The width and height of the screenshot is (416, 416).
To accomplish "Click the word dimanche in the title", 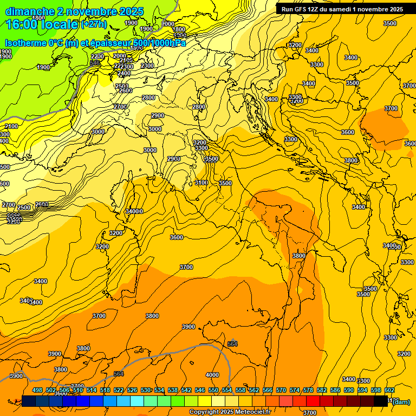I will pyautogui.click(x=29, y=11).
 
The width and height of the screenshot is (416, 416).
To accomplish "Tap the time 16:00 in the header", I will pyautogui.click(x=22, y=24).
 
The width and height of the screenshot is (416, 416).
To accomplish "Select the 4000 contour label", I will pyautogui.click(x=212, y=375).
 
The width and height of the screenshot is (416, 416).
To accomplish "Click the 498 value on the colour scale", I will pyautogui.click(x=37, y=390).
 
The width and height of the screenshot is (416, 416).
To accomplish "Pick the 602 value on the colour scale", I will pyautogui.click(x=389, y=390).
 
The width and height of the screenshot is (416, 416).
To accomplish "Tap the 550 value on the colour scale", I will pyautogui.click(x=213, y=390).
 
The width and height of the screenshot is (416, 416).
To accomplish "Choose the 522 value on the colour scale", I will pyautogui.click(x=119, y=390).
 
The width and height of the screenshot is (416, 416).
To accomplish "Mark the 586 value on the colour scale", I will pyautogui.click(x=335, y=390).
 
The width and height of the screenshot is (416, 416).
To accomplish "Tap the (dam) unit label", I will pyautogui.click(x=402, y=402).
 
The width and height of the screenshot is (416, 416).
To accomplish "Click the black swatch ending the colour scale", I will pyautogui.click(x=381, y=401).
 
